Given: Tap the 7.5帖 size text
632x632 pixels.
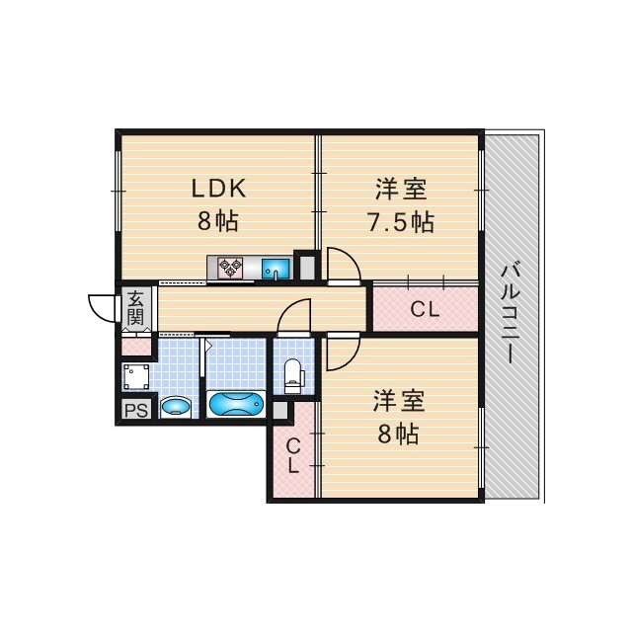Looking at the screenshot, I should [x=400, y=221].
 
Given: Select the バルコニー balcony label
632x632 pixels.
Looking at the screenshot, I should [x=511, y=312].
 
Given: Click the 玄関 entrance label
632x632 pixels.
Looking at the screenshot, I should [x=135, y=308].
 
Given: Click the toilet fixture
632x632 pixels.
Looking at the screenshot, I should [x=293, y=373].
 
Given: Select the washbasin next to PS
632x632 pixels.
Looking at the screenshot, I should [x=175, y=405].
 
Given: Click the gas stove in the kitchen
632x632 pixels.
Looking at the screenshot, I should [x=232, y=266].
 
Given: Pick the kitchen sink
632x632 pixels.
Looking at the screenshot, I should [x=276, y=266].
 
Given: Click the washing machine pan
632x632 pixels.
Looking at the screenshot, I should [x=136, y=376].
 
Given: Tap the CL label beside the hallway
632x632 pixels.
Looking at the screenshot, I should [x=425, y=309].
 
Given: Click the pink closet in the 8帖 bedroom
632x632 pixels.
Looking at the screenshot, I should [x=293, y=457].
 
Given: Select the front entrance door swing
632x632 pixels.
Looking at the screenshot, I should [x=103, y=308].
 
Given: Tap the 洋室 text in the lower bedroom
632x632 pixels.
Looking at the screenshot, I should [x=399, y=401].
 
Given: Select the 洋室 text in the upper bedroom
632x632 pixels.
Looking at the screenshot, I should [x=400, y=188].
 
